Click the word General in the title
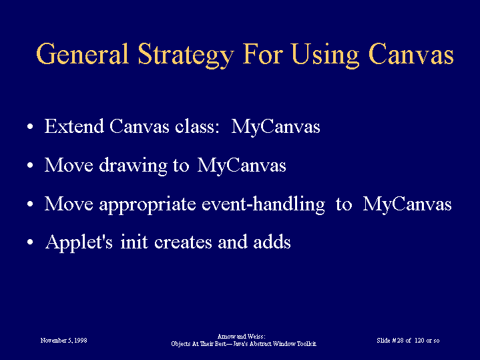pyautogui.click(x=82, y=54)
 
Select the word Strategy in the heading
pyautogui.click(x=186, y=55)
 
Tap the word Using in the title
pyautogui.click(x=325, y=55)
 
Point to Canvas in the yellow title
pyautogui.click(x=411, y=54)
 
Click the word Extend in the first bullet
pyautogui.click(x=74, y=126)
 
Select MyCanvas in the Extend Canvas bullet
pyautogui.click(x=276, y=127)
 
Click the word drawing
pyautogui.click(x=133, y=166)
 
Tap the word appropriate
pyautogui.click(x=148, y=204)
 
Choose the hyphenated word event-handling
pyautogui.click(x=263, y=204)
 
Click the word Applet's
pyautogui.click(x=79, y=242)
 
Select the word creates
pyautogui.click(x=183, y=242)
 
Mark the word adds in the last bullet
pyautogui.click(x=272, y=242)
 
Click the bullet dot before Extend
pyautogui.click(x=30, y=126)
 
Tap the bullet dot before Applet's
pyautogui.click(x=30, y=242)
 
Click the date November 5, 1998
pyautogui.click(x=63, y=341)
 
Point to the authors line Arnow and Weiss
pyautogui.click(x=241, y=337)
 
